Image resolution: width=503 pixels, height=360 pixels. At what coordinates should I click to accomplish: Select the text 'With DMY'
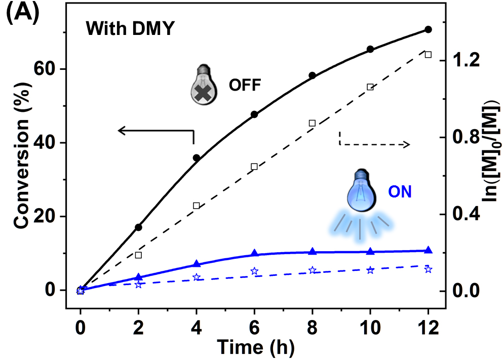coord(130,29)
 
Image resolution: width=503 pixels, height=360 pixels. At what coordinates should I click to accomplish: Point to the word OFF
coord(244,86)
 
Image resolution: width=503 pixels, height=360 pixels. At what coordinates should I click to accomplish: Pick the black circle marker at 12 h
coord(428,29)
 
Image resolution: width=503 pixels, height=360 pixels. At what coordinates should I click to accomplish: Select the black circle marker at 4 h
coord(197,158)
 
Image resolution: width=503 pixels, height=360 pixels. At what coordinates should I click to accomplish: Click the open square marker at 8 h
coord(312,123)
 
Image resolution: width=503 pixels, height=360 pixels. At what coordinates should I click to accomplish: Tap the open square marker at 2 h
coord(138,255)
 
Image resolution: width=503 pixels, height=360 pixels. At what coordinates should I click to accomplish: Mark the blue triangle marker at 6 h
coord(254,253)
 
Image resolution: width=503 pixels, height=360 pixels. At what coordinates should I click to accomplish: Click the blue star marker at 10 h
coord(370,270)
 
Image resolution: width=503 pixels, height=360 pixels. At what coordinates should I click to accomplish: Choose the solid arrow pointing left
coord(152,131)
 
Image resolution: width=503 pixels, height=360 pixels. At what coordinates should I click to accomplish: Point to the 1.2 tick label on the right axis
coord(466,60)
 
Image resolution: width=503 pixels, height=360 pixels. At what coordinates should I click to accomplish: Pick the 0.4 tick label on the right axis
coord(466,215)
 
